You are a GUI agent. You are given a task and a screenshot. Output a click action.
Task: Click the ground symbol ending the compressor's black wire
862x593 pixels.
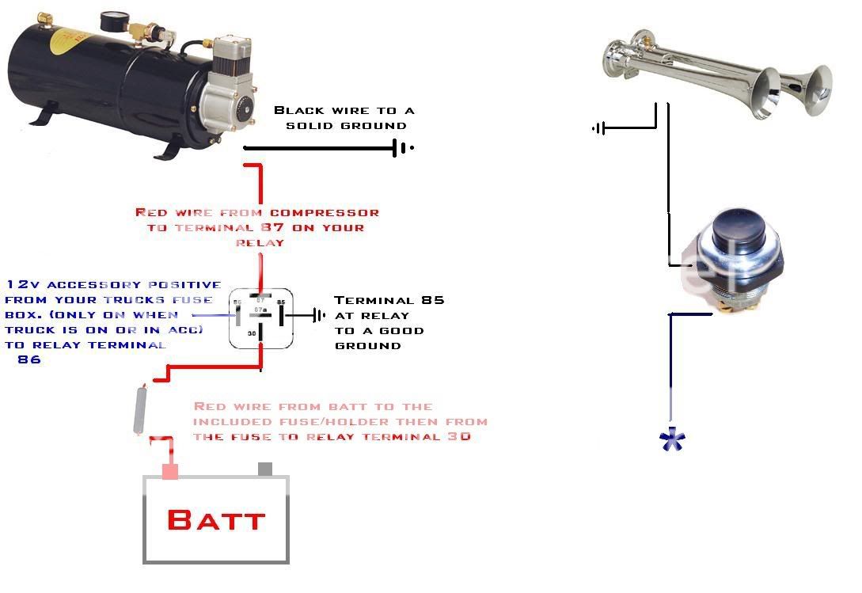pos(401,147)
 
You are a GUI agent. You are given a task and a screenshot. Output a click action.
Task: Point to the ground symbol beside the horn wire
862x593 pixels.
pos(599,127)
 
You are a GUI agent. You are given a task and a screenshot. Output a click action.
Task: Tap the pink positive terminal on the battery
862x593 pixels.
pos(169,470)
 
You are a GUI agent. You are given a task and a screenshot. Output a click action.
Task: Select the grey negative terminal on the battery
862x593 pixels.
pos(265,469)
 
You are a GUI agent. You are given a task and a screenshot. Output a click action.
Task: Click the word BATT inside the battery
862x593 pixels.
pos(215,519)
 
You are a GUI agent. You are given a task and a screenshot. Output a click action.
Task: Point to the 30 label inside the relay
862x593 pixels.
pos(252,333)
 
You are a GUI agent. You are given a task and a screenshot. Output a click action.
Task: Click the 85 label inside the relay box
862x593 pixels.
pos(280,302)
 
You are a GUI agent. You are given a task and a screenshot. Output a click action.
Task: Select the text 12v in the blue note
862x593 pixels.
pos(21,284)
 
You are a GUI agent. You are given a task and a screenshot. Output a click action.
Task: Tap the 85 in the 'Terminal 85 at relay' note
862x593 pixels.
pos(433,300)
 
